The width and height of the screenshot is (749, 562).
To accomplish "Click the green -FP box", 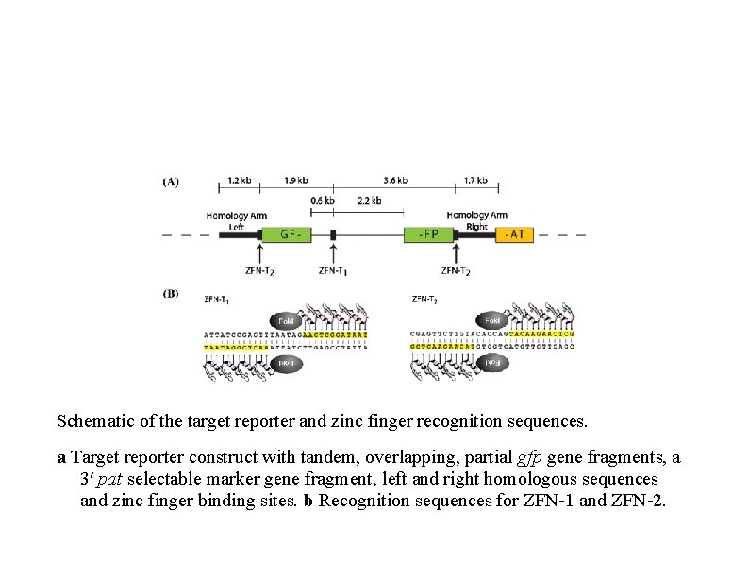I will tap(429, 234).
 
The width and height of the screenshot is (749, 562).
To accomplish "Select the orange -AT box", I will tap(515, 234).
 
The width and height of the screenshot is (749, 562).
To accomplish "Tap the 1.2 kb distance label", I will tap(240, 180).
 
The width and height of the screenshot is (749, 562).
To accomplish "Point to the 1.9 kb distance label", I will tap(295, 180).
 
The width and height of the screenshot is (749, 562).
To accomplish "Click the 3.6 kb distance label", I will tap(396, 180).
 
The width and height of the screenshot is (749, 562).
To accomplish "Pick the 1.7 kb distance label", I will tap(475, 180).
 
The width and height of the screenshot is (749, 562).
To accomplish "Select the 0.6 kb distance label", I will tap(322, 200).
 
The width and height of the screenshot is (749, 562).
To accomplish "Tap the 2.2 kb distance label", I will tap(369, 200).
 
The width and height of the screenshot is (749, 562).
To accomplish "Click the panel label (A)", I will tap(171, 180).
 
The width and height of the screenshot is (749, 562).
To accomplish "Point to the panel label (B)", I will tap(171, 294).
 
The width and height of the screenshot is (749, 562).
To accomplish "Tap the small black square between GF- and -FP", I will tap(333, 234).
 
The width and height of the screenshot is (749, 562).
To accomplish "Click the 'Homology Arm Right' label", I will tap(476, 221).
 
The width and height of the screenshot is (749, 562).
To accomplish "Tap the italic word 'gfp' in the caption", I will tap(531, 458).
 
